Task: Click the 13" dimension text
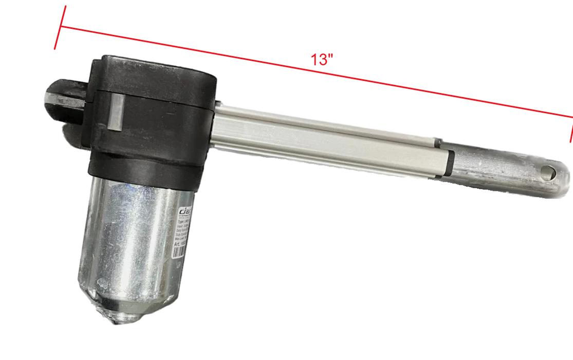(x=322, y=60)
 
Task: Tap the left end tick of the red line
(x=59, y=28)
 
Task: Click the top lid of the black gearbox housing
(x=154, y=72)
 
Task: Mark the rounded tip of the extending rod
(x=564, y=177)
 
